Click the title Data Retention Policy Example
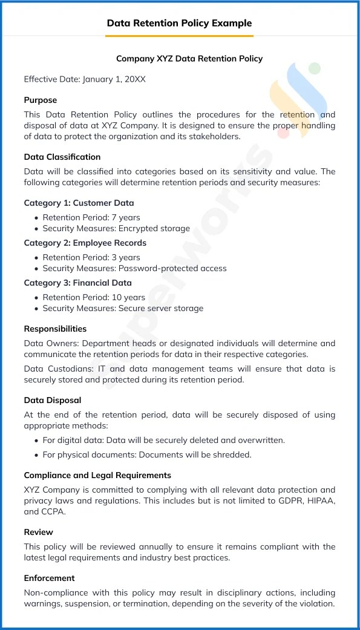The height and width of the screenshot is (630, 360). coord(179,23)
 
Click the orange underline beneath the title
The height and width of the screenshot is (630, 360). coord(179,36)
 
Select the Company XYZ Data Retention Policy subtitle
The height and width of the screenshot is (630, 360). coord(189,59)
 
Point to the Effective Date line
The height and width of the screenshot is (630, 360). coord(85,79)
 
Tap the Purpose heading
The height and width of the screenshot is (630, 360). coord(41,100)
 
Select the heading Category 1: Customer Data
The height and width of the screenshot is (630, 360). coord(79,203)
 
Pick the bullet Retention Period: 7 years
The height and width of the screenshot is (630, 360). coord(91,217)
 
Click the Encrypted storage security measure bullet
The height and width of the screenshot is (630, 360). coord(116,229)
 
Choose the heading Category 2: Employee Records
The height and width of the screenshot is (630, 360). coord(85,243)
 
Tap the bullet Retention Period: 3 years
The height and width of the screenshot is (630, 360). coord(91,257)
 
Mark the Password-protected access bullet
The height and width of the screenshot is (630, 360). coord(134,269)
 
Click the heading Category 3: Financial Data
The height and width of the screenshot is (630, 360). coord(77,283)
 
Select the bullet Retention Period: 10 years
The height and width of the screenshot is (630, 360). coord(94,297)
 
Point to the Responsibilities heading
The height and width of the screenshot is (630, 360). coord(55,329)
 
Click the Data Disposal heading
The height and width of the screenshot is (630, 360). coord(53,400)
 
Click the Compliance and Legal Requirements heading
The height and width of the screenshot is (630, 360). coord(97,475)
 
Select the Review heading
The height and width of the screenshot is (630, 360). coord(38,532)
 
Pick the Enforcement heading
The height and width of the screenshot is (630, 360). coord(50,578)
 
